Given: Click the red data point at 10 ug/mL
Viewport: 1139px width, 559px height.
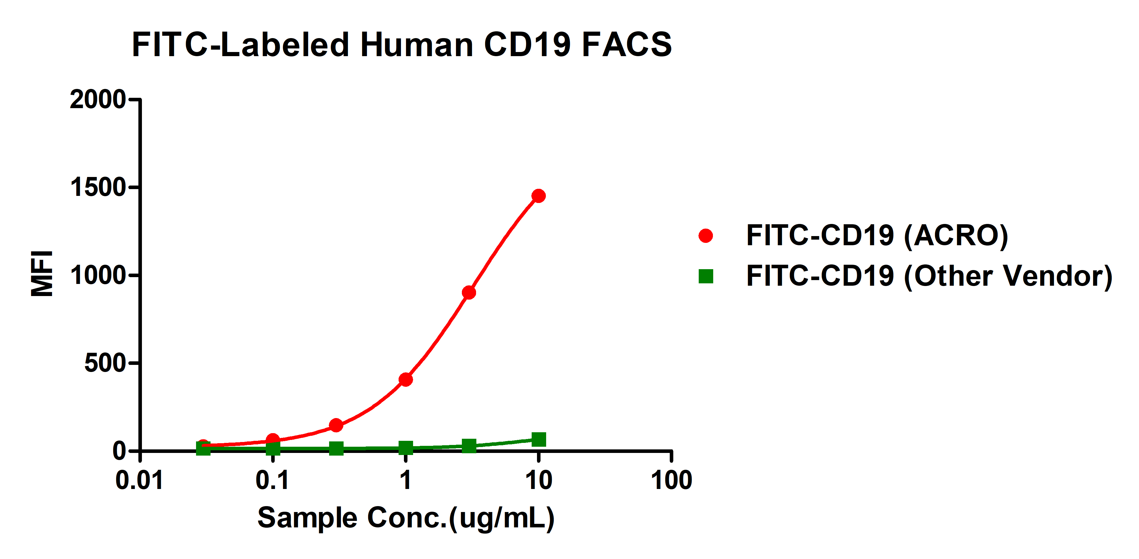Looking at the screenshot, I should click(538, 196).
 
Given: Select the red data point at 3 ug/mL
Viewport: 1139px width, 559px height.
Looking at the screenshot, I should click(469, 292).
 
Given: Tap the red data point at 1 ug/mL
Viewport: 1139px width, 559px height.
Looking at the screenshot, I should click(405, 379).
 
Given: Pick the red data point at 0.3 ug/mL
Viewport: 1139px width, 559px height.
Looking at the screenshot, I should click(336, 425).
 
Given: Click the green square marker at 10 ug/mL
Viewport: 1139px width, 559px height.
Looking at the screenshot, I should click(538, 439).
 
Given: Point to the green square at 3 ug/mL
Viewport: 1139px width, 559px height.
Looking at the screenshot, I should click(469, 446).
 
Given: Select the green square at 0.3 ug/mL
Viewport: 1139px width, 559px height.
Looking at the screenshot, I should click(336, 448).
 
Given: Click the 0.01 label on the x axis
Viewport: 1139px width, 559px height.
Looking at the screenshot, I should click(139, 480).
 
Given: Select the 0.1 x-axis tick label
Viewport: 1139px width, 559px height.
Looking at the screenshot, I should click(272, 480).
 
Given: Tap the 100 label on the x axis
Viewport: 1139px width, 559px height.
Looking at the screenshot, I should click(671, 480).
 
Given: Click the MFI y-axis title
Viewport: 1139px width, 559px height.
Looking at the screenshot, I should click(42, 274).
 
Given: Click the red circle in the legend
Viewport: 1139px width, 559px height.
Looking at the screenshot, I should click(706, 235).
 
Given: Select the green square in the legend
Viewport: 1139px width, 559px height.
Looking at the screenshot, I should click(706, 276).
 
